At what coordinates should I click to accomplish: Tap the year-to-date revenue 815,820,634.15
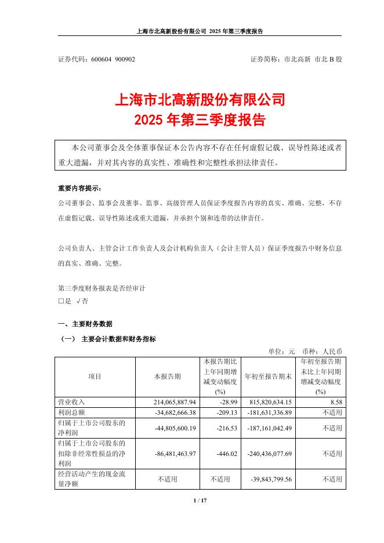coord(271,401)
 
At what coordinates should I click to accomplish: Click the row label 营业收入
coord(68,401)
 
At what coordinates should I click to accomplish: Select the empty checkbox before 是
coord(61,301)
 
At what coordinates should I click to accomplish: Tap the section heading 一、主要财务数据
coord(84,324)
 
